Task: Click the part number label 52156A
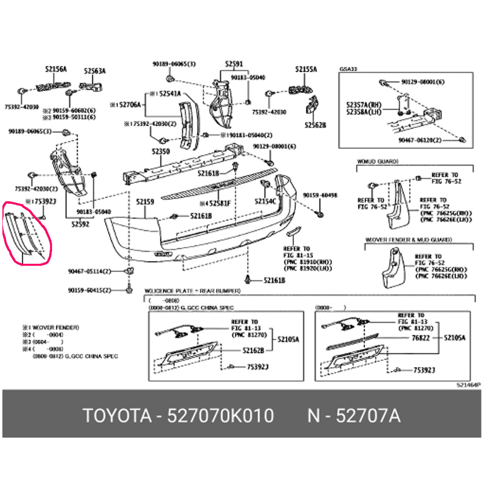coord(56,69)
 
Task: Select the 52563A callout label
coord(95,71)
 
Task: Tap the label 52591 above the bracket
coord(233,64)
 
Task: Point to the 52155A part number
coord(306,69)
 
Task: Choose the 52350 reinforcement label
coord(160,152)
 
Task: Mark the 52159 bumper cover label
coord(145,202)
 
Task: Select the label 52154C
coord(265,201)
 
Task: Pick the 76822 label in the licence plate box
coord(420,338)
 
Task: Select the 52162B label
coord(253,350)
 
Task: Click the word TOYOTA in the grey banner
coord(117,416)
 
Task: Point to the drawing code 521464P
coord(468,385)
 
